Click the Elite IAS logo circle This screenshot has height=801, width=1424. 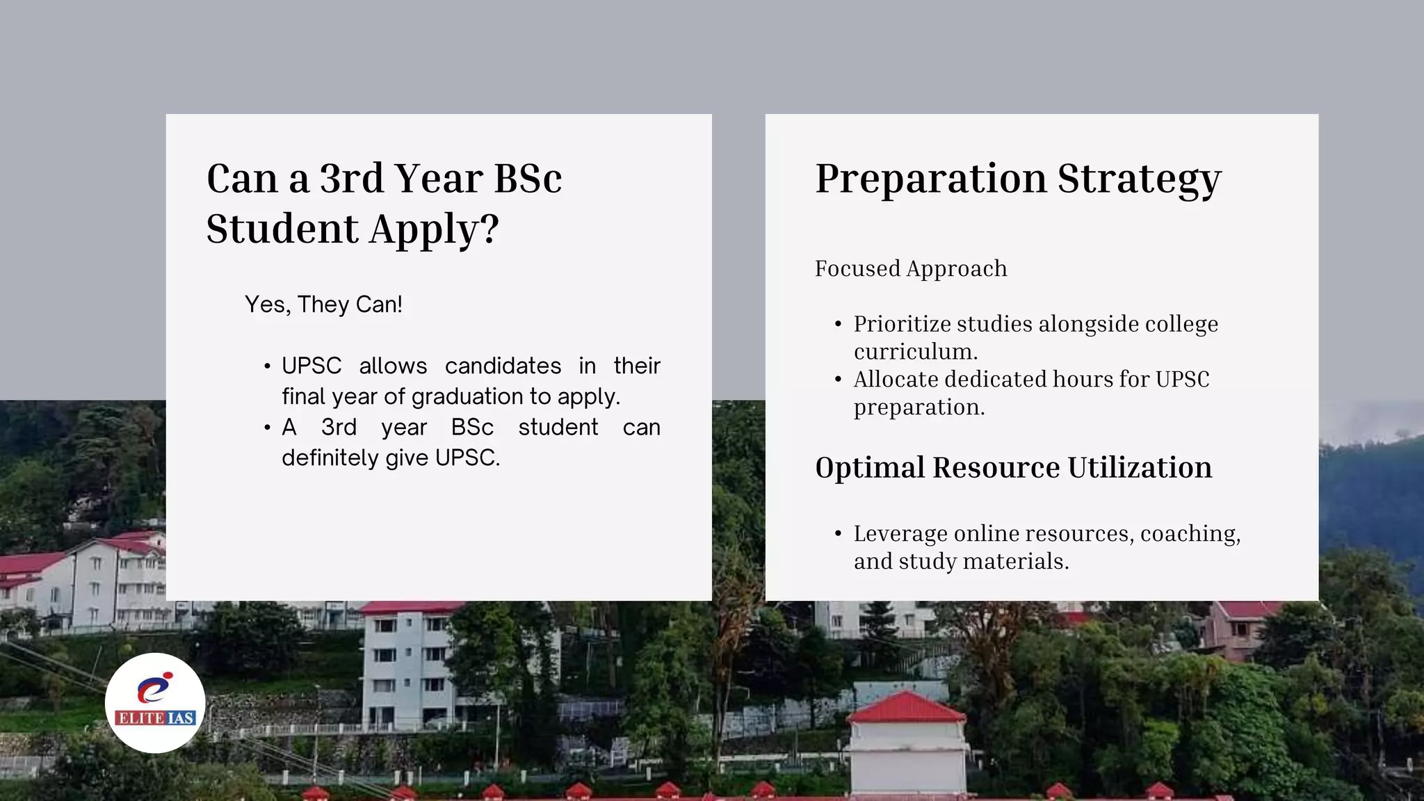coord(155,703)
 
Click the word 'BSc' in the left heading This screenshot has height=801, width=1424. coord(528,179)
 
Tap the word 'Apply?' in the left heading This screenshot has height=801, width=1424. coord(434,229)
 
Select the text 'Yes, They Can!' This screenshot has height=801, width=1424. coord(323,305)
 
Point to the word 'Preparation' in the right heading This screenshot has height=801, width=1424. coord(930,179)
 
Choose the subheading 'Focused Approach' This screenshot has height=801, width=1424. coord(911,268)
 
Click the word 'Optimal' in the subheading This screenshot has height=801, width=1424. coord(869,467)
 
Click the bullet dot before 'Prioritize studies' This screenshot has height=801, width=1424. coord(838,324)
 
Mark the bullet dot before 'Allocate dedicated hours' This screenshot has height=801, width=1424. coord(838,380)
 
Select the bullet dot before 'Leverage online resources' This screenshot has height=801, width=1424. coord(838,534)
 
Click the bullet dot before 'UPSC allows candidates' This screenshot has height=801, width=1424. coord(267,366)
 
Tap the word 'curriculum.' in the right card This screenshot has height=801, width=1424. coord(916,352)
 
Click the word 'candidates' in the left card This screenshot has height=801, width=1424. coord(503,366)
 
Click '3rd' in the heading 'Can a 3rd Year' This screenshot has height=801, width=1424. coord(351,179)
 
